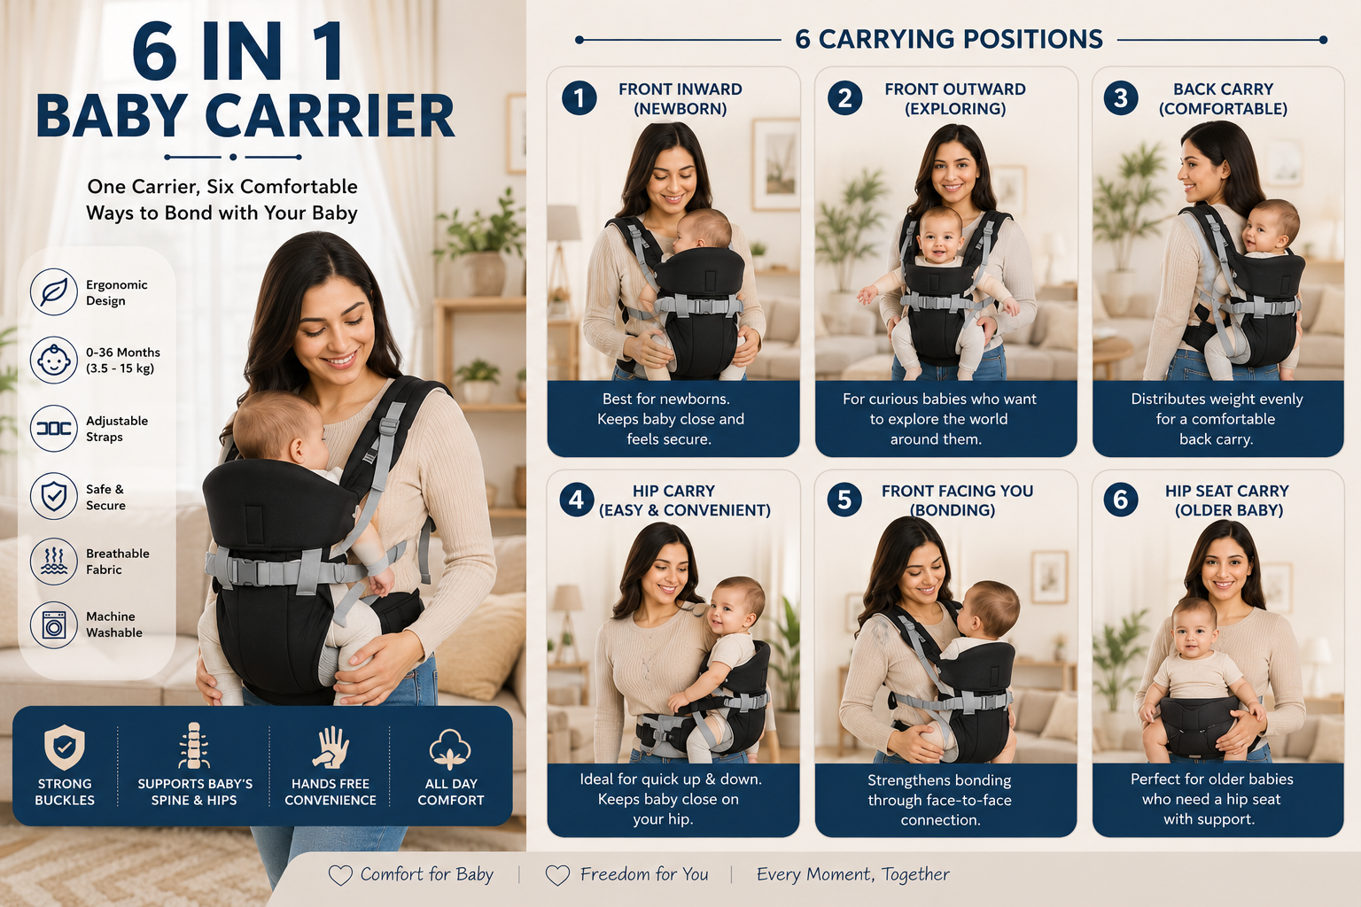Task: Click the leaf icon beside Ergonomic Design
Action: pos(54,292)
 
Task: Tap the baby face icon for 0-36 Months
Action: pos(54,360)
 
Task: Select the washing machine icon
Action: pos(54,625)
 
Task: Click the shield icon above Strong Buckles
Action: pos(65,747)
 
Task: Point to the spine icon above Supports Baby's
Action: pos(194,746)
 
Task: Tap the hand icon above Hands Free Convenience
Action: pos(331,748)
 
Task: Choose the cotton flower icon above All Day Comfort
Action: pos(450,749)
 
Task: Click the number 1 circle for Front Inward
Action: pos(579,98)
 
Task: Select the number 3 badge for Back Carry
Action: pos(1121,97)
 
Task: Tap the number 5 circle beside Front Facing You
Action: pos(844,500)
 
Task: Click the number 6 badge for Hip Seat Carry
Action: pos(1121,500)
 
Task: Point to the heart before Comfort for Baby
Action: pos(340,875)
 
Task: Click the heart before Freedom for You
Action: pos(557,875)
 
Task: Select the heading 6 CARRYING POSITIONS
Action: pos(949,40)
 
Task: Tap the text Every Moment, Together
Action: pos(853,875)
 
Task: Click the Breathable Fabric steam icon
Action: pos(54,562)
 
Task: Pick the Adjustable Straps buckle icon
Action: pos(54,429)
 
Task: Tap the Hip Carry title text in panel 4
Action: pos(684,500)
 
